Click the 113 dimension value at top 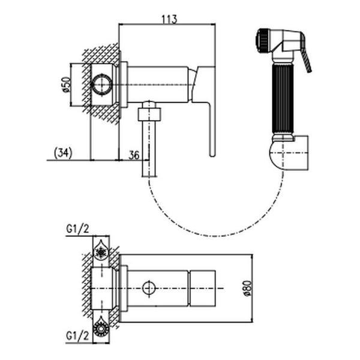pyautogui.click(x=170, y=19)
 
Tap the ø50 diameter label pyautogui.click(x=66, y=85)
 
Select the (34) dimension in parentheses pyautogui.click(x=63, y=152)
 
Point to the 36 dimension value pyautogui.click(x=134, y=155)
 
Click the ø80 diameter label pyautogui.click(x=248, y=289)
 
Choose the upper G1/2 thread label pyautogui.click(x=77, y=229)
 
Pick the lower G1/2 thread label pyautogui.click(x=77, y=337)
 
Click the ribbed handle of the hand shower pyautogui.click(x=283, y=99)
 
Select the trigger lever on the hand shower pyautogui.click(x=306, y=56)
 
